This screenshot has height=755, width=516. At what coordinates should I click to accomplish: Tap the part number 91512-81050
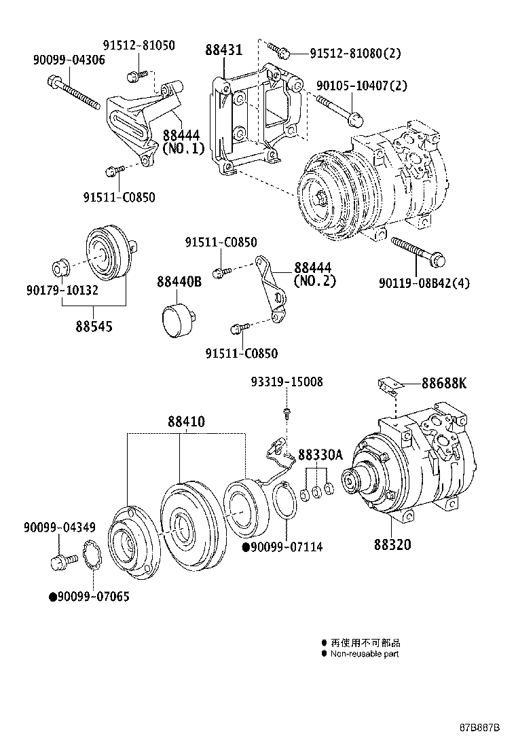139,45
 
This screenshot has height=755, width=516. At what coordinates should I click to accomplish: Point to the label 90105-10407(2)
362,86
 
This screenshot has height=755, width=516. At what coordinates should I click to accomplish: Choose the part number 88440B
179,282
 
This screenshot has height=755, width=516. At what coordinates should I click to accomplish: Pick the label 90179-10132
62,290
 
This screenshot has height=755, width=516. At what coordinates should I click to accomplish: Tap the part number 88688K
444,384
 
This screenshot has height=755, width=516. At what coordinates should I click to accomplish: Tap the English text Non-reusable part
364,654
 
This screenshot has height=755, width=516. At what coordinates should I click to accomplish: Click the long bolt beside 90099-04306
74,94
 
